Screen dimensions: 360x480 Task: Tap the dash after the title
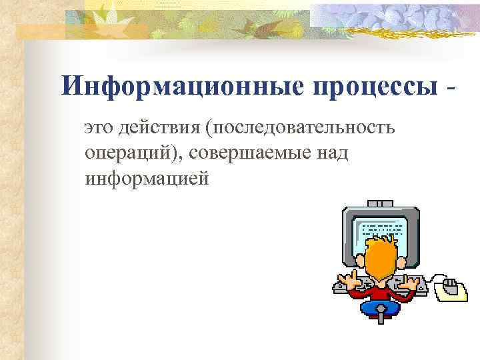coord(454,87)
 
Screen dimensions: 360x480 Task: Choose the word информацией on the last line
coord(147,178)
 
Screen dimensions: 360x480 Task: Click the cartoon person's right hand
coord(417,280)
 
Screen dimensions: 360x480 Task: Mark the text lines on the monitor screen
coord(382,234)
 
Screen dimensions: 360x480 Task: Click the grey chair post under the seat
coord(380,320)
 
